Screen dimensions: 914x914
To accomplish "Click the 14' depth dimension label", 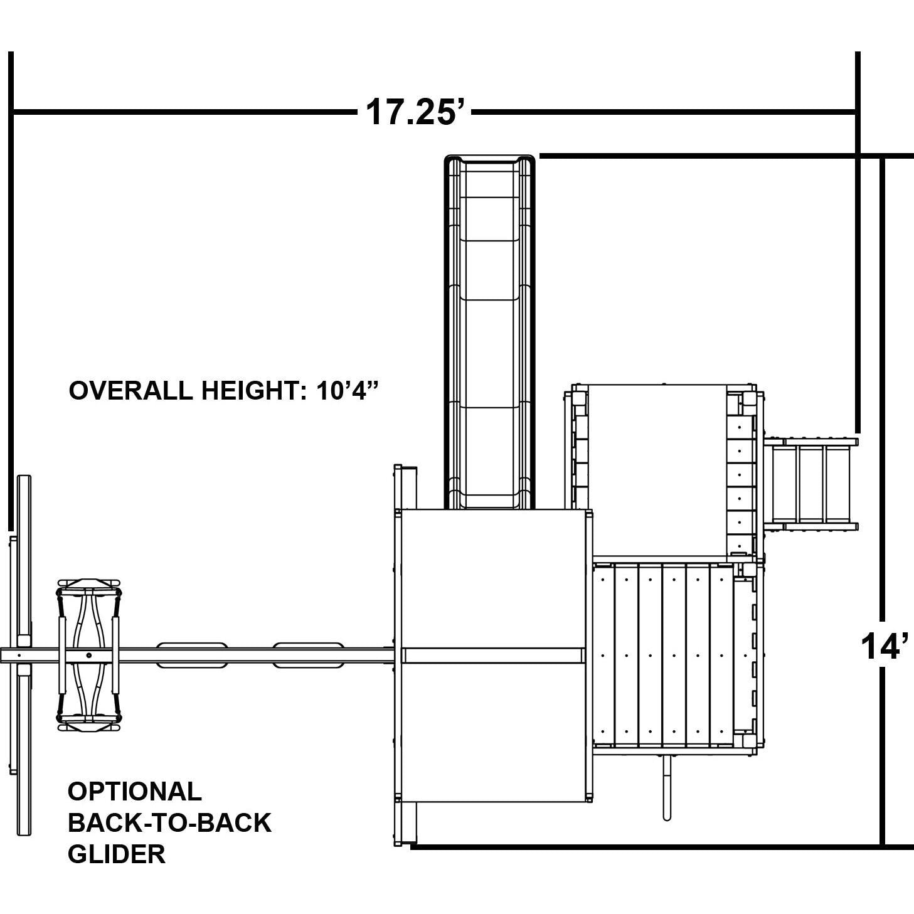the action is pyautogui.click(x=886, y=647).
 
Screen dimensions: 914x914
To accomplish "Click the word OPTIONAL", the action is pyautogui.click(x=135, y=791).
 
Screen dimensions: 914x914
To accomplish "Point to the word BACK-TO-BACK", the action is pyautogui.click(x=169, y=822).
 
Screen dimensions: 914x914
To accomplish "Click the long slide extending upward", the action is pyautogui.click(x=489, y=332).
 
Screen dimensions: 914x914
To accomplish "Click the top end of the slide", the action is pyautogui.click(x=489, y=158).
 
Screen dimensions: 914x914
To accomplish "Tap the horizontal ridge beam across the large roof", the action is pyautogui.click(x=492, y=655).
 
